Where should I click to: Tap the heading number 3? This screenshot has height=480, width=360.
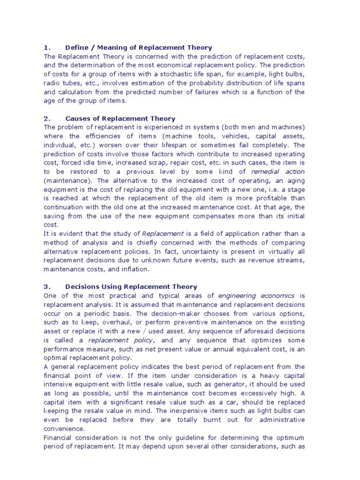46,286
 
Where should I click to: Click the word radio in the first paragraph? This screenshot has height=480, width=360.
51,83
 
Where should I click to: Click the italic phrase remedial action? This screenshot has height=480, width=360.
278,172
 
